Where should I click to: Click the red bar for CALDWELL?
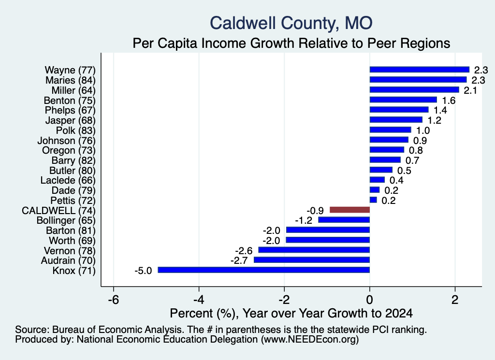tap(349, 210)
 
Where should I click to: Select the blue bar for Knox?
tap(263, 270)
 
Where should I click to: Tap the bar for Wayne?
tap(420, 70)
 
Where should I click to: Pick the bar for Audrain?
tap(312, 260)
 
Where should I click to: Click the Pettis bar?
tap(373, 200)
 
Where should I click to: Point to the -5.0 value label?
tap(143, 271)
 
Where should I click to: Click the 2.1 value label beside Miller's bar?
tap(470, 90)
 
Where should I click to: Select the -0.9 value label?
tap(315, 211)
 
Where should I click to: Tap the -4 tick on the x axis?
tap(199, 300)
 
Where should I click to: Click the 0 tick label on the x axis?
tap(370, 300)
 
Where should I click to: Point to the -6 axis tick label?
tap(113, 300)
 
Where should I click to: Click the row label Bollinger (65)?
tap(66, 220)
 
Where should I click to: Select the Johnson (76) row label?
tap(66, 141)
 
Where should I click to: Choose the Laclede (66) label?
tap(68, 180)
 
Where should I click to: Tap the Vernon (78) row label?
tap(70, 251)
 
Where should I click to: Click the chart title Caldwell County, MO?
tap(291, 23)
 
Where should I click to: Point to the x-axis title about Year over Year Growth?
tap(291, 313)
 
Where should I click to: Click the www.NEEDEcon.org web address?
tap(310, 340)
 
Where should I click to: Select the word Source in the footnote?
tap(32, 330)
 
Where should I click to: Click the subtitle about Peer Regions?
tap(291, 43)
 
